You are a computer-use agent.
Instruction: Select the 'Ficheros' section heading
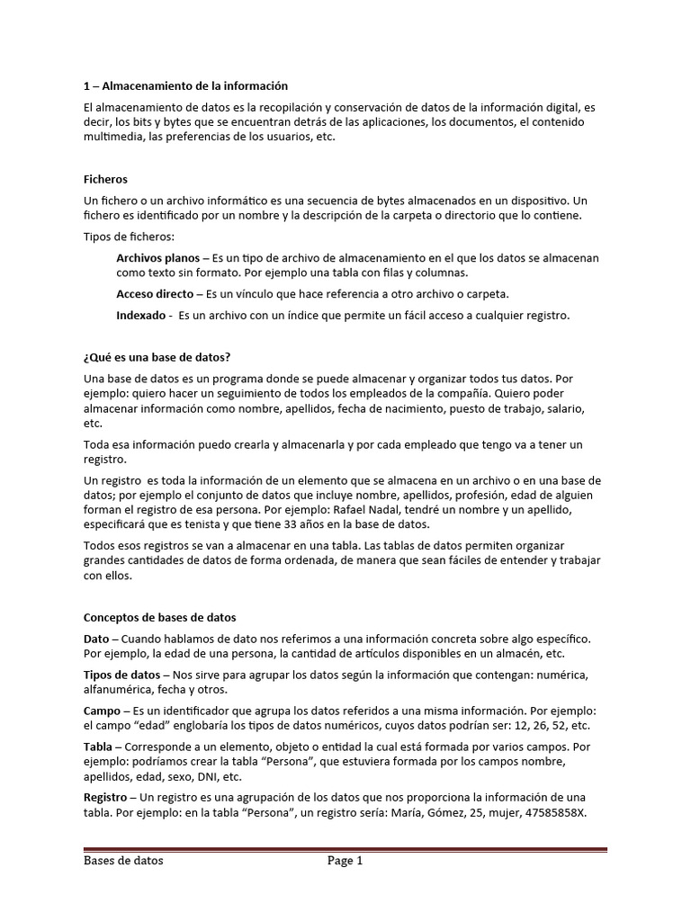(x=105, y=179)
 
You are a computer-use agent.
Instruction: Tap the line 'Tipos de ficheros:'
(x=129, y=237)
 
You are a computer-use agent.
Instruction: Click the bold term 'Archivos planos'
(x=157, y=257)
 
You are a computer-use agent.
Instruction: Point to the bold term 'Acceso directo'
(x=155, y=293)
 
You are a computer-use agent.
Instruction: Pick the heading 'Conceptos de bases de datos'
(x=159, y=617)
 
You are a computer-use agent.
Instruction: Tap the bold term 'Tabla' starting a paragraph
(x=98, y=747)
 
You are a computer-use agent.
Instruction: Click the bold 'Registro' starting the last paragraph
(x=105, y=797)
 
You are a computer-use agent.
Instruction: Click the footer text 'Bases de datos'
(x=123, y=861)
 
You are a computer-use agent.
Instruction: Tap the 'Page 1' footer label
(x=345, y=861)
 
